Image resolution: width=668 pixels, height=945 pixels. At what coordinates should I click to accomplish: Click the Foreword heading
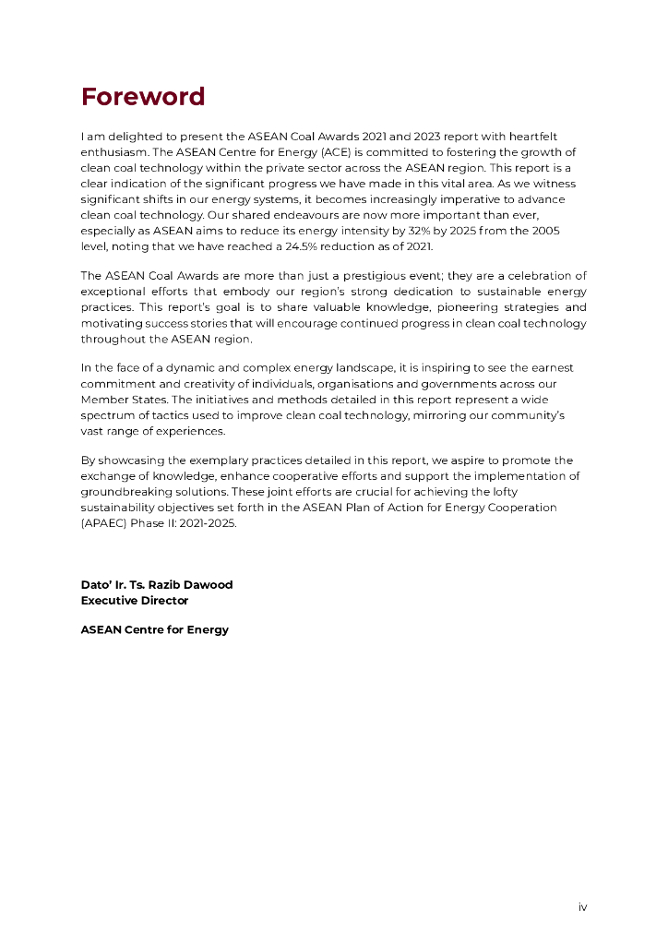coord(143,97)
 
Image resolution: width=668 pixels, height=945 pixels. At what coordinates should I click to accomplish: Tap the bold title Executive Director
coord(135,600)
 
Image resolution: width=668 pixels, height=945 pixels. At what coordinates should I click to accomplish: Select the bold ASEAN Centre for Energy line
coord(155,629)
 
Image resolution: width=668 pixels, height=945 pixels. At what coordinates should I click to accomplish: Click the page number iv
coord(582,907)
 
